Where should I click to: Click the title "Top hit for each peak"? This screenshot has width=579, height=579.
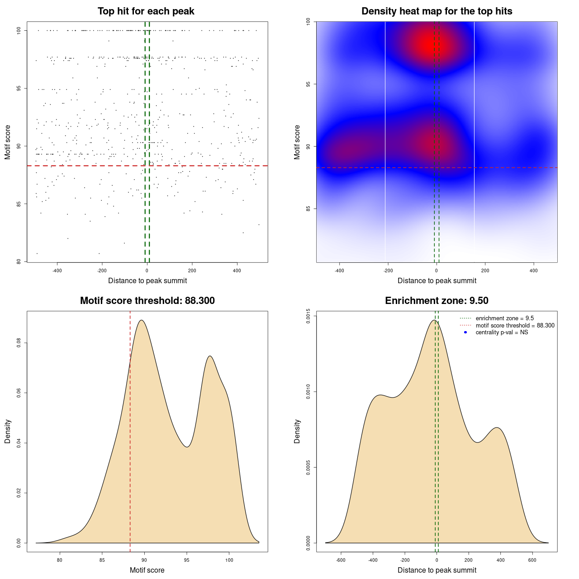tap(146, 11)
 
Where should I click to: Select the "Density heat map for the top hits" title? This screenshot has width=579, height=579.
tap(437, 11)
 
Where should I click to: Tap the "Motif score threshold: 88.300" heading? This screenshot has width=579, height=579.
tap(147, 301)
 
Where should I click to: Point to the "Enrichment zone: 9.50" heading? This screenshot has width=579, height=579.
tap(437, 301)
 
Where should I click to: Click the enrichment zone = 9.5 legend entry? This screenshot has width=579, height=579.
tap(504, 318)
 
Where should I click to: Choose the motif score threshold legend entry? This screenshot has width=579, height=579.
tap(515, 326)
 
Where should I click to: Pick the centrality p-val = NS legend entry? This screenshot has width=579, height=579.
tap(502, 332)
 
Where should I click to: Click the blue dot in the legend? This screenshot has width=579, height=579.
tap(465, 332)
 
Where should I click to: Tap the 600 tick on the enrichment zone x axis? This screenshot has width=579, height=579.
tap(532, 560)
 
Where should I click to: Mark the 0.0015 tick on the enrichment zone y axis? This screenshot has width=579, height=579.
tap(308, 316)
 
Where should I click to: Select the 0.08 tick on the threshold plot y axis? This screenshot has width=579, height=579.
tap(19, 343)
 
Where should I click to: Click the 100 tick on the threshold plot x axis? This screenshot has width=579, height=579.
tap(229, 560)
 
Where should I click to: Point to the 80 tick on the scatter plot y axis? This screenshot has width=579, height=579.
tap(19, 261)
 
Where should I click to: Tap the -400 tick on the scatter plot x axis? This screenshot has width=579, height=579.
tap(57, 271)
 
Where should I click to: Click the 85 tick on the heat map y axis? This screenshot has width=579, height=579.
tap(308, 209)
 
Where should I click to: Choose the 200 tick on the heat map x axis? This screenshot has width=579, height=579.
tap(485, 271)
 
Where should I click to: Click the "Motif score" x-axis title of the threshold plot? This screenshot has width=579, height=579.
tap(147, 570)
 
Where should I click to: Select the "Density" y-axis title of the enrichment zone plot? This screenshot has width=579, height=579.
tap(297, 431)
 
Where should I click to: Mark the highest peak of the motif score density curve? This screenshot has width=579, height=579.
tap(142, 320)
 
